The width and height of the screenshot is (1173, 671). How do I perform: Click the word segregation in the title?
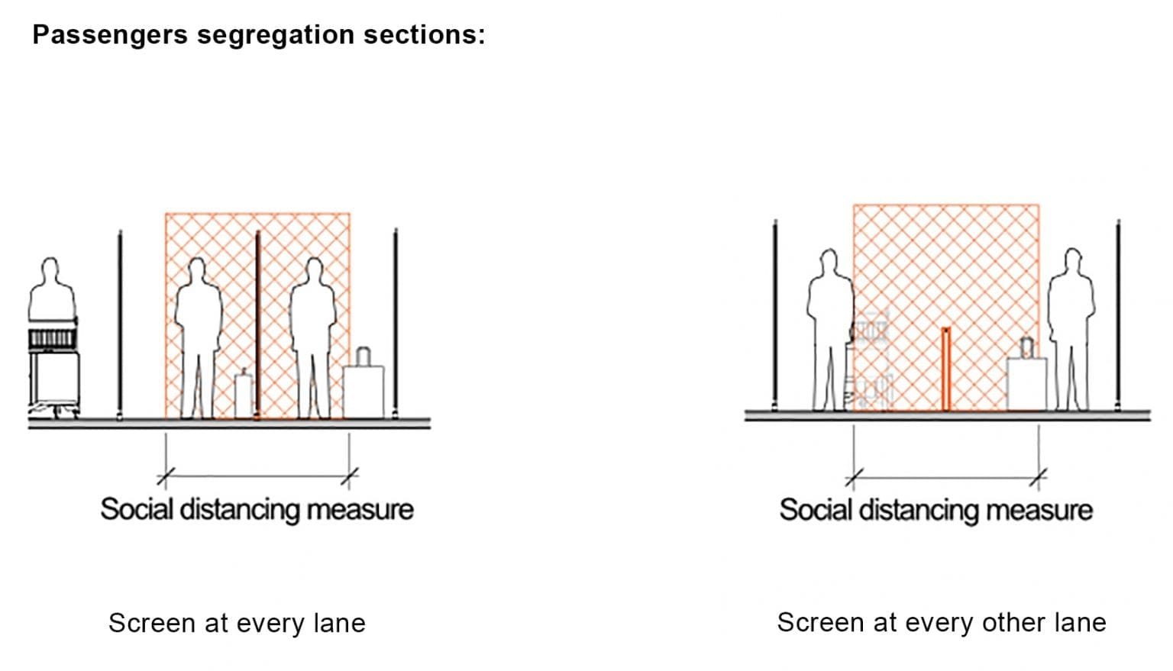275,35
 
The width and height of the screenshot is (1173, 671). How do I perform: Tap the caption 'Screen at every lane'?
237,623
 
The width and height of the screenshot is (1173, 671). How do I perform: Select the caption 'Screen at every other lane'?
941,622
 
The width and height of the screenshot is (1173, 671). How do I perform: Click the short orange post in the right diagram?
945,369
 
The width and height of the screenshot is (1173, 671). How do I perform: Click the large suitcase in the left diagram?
363,392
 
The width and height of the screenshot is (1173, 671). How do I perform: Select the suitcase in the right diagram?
1026,382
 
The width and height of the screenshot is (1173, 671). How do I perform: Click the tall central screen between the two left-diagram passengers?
257,324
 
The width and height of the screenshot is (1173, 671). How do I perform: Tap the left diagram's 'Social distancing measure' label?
257,509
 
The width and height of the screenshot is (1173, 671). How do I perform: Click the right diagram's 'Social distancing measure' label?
935,510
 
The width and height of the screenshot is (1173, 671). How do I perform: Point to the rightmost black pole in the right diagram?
1118,313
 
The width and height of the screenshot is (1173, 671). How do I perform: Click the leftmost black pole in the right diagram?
775,313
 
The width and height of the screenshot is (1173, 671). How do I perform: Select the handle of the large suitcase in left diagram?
363,356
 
